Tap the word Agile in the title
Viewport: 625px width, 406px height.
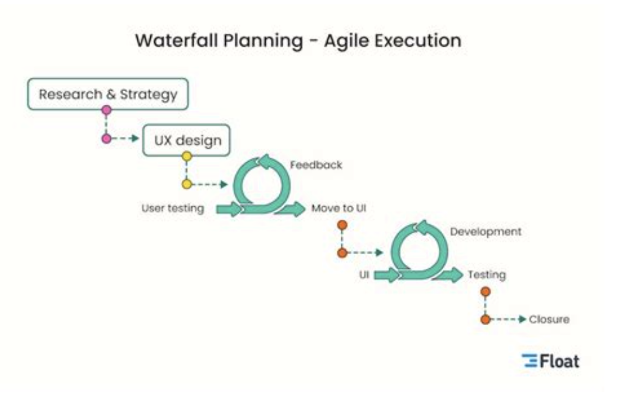[x=346, y=41]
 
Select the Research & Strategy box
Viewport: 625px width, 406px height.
[x=107, y=94]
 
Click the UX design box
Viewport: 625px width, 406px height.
[x=186, y=141]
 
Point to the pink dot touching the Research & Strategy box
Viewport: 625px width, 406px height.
[x=106, y=110]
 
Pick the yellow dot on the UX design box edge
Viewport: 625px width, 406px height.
[x=187, y=156]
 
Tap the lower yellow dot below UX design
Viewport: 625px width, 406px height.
[x=187, y=184]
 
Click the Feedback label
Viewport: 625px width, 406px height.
[x=316, y=164]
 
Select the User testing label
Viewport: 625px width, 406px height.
[x=173, y=208]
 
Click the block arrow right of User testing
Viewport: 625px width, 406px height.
[x=229, y=209]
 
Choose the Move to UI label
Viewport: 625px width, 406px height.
[x=339, y=208]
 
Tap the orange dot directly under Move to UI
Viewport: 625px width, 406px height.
[x=342, y=225]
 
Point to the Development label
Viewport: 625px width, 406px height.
[x=486, y=232]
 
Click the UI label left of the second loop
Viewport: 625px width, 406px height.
[x=364, y=275]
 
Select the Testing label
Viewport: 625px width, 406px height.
[x=487, y=275]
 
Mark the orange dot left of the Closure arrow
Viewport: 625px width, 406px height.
[x=485, y=320]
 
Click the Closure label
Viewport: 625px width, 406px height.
[x=549, y=320]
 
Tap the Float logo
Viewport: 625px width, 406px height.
[x=551, y=361]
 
